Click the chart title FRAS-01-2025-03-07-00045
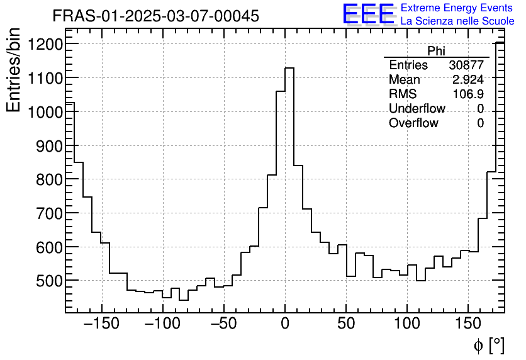(x=155, y=16)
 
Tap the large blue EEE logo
(x=369, y=14)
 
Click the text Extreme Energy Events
(x=457, y=8)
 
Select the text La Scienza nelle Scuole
(x=457, y=21)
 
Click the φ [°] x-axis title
(x=489, y=346)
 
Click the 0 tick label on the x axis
(x=285, y=324)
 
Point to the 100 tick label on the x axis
(x=407, y=324)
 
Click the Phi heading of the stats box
(x=436, y=51)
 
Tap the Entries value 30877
(x=466, y=65)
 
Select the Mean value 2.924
(x=468, y=80)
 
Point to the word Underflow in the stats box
(x=417, y=109)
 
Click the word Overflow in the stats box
(x=413, y=123)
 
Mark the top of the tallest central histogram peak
(x=289, y=68)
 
